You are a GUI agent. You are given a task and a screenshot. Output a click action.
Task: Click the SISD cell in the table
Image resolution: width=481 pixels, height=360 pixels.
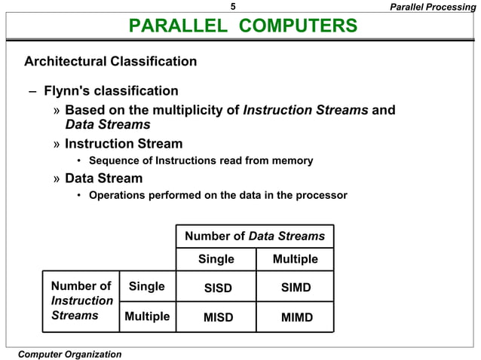(x=218, y=288)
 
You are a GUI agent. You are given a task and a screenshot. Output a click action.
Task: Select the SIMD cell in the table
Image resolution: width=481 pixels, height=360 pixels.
(x=296, y=288)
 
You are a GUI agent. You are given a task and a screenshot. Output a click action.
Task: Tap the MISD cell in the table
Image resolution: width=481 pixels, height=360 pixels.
(x=218, y=317)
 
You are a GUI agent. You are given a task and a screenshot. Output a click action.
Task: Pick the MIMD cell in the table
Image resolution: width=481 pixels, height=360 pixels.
(x=296, y=317)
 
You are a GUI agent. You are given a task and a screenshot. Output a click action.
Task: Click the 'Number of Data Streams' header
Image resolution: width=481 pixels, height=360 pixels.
(x=255, y=236)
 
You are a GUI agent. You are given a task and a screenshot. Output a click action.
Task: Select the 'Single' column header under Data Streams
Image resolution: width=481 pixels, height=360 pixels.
(x=216, y=260)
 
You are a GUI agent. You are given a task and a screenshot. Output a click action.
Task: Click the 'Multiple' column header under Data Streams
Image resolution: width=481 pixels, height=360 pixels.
(x=296, y=260)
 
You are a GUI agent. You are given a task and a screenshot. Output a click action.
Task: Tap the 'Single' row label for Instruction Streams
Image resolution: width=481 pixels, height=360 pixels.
(x=147, y=287)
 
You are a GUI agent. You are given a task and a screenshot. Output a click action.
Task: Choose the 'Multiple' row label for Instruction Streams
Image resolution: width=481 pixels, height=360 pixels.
(x=147, y=316)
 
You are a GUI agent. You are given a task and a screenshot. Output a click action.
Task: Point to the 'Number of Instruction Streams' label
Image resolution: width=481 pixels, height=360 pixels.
(x=81, y=301)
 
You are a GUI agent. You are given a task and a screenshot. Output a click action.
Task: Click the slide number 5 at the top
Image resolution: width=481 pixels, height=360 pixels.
(x=233, y=7)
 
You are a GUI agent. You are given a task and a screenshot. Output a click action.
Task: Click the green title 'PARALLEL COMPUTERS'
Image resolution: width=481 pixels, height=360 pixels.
(x=243, y=26)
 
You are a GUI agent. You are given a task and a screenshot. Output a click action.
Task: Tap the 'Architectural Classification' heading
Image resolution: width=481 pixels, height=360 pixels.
(x=110, y=61)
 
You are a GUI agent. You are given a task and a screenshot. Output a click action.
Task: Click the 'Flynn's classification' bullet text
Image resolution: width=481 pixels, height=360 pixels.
(x=111, y=91)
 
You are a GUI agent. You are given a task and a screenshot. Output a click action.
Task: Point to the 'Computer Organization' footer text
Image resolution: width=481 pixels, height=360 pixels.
(x=69, y=354)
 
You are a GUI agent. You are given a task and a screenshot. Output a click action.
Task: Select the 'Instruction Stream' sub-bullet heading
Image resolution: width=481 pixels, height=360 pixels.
(x=123, y=144)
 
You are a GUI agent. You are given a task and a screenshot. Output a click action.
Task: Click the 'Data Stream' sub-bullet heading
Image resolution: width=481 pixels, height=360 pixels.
(x=103, y=179)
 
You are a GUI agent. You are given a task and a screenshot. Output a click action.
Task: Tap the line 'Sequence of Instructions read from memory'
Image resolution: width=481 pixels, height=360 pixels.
(x=201, y=160)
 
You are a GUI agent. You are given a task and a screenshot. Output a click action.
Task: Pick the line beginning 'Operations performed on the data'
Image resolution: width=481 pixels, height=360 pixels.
(x=218, y=196)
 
